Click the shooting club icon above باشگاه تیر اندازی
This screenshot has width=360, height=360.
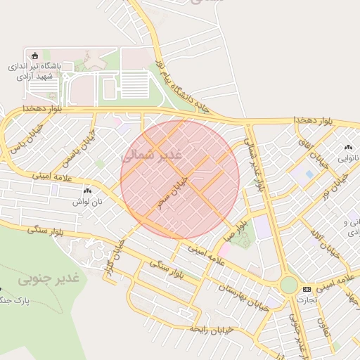point(34,56)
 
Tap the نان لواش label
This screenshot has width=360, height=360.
point(87,200)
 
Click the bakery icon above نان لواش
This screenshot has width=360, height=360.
point(87,191)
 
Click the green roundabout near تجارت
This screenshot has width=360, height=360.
point(288,285)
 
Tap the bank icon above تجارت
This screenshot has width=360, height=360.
point(307,289)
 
